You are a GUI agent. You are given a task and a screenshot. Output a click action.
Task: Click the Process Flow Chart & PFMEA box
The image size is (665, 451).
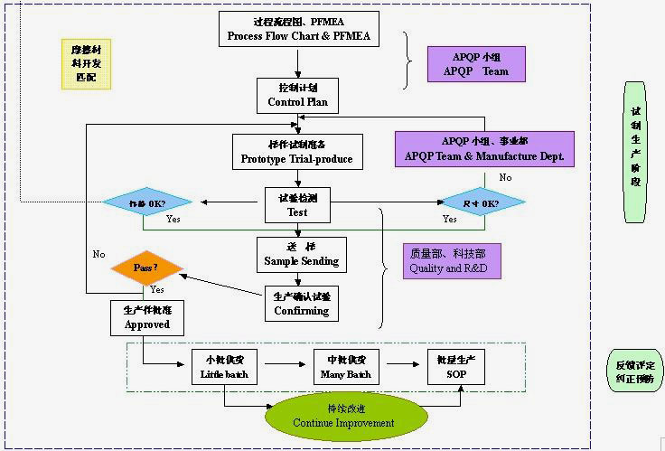(297, 29)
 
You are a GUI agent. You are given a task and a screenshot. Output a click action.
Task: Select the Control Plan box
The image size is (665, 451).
(297, 95)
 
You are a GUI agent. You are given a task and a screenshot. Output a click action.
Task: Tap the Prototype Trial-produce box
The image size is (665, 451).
(296, 151)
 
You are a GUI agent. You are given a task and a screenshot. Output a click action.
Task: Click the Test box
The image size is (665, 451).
(297, 205)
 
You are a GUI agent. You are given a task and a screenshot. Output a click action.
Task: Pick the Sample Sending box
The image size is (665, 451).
(301, 254)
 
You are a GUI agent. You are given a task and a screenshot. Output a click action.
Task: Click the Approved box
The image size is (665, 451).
(147, 317)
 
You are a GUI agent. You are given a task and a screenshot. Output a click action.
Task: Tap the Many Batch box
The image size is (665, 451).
(345, 367)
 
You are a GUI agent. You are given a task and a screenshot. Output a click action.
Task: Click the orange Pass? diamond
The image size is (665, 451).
(146, 268)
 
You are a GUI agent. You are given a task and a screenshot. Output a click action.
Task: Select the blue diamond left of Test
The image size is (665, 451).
(148, 202)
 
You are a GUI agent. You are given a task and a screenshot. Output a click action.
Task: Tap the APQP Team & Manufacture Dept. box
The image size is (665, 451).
(484, 149)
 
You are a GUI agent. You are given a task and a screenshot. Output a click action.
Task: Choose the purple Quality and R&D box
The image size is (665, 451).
(452, 261)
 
